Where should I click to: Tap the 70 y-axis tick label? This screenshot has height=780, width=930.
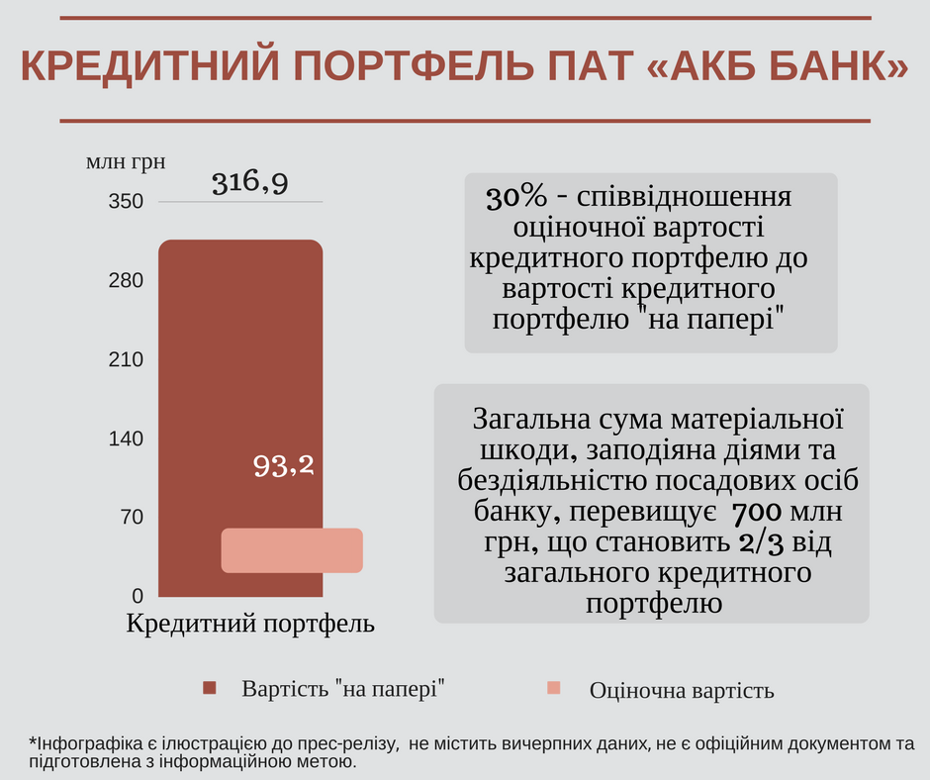click(x=132, y=517)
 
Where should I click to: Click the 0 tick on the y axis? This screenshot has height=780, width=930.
click(x=138, y=596)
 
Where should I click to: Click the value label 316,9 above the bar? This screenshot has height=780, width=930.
click(x=249, y=182)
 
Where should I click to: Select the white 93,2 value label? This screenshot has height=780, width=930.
click(x=283, y=465)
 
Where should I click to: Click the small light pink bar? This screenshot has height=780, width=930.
click(x=292, y=550)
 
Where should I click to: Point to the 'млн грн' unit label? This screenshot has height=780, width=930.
click(x=126, y=161)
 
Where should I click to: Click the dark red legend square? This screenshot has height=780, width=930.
click(x=209, y=688)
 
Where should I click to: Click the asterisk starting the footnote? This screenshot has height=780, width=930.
click(x=32, y=742)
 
